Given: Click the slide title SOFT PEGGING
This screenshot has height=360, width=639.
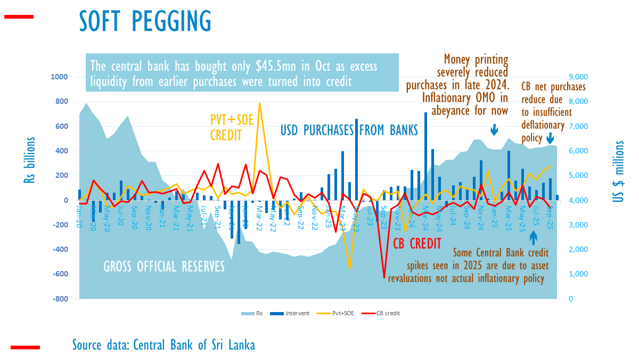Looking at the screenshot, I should [x=145, y=21].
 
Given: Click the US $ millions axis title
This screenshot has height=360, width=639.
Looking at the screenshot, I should [x=619, y=171].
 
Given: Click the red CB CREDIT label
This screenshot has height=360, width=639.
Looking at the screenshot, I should [x=417, y=243].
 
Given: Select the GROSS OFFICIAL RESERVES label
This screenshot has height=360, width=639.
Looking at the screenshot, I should [x=164, y=266].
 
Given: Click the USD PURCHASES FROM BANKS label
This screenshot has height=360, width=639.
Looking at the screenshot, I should [x=349, y=129].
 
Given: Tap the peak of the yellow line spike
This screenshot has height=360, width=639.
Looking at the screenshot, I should [x=259, y=103].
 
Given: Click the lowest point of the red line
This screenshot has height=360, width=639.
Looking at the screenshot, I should [x=384, y=277].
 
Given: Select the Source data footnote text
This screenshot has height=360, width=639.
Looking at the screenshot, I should [x=163, y=345].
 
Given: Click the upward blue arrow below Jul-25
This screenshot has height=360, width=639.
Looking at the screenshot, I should [x=534, y=237].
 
